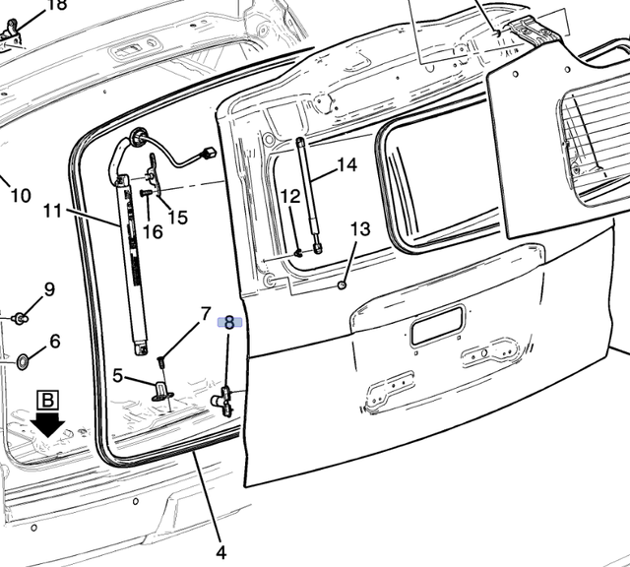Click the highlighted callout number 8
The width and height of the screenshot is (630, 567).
coord(229,322)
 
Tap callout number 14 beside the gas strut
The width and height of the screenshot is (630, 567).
coord(346,164)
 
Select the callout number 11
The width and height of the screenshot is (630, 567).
coord(52,211)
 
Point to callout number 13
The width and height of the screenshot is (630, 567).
coord(360,229)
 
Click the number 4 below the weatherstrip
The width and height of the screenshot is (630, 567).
coord(220,552)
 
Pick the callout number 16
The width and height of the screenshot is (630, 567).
coord(153,232)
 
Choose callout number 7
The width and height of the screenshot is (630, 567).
coord(206,313)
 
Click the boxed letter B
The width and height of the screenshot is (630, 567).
coord(48,401)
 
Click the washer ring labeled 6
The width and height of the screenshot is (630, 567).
coord(22,361)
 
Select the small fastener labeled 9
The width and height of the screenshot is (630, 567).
coord(20,319)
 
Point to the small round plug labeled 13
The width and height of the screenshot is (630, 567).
coord(342,285)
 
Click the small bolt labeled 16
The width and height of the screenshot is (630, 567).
coord(145,193)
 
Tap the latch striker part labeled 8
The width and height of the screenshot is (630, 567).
coord(223,401)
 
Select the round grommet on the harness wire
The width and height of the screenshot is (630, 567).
coord(138,137)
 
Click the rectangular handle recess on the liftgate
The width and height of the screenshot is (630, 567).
coord(438,325)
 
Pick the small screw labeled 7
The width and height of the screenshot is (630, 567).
coord(161,361)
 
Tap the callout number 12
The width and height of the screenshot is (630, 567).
coord(290,196)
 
